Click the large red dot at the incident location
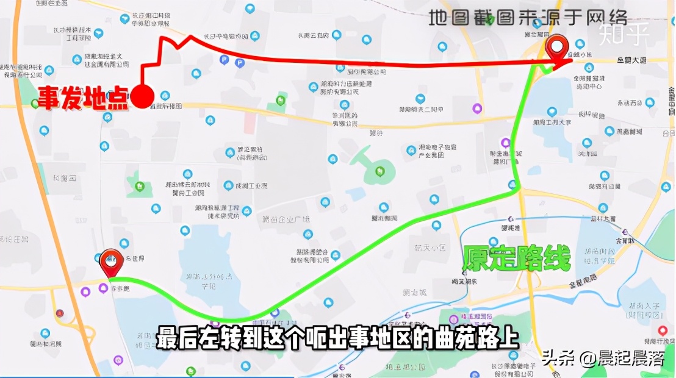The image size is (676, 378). click(x=143, y=96)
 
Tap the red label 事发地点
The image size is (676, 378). click(x=84, y=98)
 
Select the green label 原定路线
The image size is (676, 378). click(x=516, y=259)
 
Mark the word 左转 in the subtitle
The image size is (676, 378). click(x=223, y=338)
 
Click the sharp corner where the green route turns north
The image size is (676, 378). click(x=519, y=190)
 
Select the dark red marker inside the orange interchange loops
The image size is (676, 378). click(x=59, y=313)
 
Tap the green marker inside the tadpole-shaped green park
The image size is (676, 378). click(x=380, y=171)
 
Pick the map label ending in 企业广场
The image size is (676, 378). click(x=286, y=219)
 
